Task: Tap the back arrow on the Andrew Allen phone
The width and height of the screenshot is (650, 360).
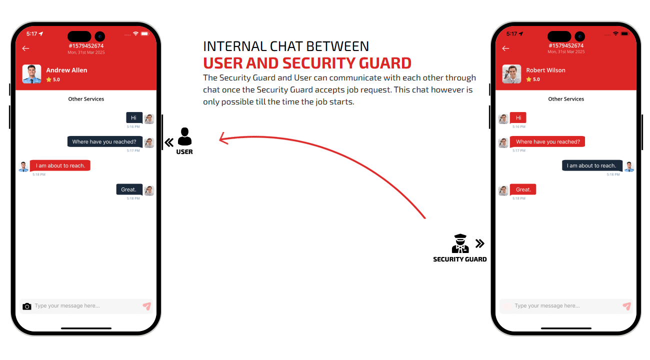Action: [26, 48]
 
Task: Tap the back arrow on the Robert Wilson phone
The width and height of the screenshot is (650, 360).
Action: [506, 48]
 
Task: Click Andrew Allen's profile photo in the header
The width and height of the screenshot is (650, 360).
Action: [31, 74]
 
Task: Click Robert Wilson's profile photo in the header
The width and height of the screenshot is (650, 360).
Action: [511, 74]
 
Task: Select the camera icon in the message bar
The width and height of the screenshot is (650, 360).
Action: [27, 306]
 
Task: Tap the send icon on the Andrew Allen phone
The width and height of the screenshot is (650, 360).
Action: [147, 306]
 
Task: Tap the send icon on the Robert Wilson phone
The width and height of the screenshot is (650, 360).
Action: [627, 306]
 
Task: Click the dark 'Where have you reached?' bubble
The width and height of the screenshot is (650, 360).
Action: [105, 141]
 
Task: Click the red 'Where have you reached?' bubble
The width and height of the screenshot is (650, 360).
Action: [547, 141]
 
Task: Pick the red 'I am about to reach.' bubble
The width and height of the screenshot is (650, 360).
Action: [60, 165]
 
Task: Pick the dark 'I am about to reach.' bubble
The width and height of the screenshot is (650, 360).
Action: [592, 165]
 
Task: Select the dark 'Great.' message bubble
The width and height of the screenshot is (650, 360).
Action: [129, 189]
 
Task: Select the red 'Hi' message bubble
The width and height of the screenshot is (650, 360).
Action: [518, 117]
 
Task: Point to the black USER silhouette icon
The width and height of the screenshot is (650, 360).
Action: [184, 136]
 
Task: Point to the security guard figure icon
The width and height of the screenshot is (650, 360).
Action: [460, 243]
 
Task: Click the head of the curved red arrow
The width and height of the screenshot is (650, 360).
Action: [223, 138]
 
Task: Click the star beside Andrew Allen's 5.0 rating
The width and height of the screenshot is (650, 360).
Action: [49, 79]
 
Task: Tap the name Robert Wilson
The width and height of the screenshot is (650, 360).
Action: [545, 70]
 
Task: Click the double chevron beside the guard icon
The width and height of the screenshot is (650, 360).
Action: [480, 243]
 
